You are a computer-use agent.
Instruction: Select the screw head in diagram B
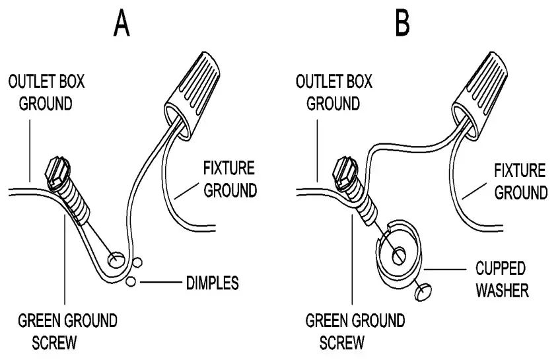tap(346, 172)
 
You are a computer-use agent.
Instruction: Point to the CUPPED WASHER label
tap(501, 279)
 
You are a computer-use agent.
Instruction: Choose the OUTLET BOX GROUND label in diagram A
tap(46, 93)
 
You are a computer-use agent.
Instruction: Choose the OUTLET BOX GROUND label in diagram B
tap(334, 93)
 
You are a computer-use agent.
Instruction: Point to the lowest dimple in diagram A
tap(130, 282)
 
